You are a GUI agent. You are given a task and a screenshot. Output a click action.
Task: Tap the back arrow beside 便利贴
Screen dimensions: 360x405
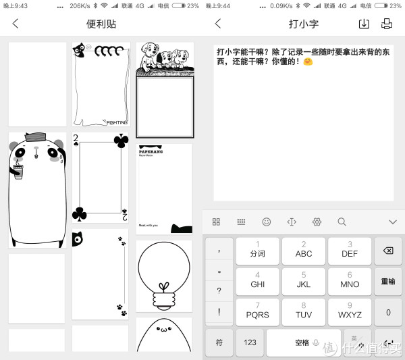(x=16, y=24)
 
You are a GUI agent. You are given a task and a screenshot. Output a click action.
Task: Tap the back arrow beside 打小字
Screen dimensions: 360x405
(x=218, y=24)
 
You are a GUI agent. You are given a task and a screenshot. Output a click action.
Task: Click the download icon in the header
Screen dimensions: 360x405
(x=363, y=24)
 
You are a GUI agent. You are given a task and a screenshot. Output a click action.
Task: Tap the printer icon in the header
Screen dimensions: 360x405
(x=387, y=24)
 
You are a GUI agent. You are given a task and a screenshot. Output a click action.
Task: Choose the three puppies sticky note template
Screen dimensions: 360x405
(x=165, y=81)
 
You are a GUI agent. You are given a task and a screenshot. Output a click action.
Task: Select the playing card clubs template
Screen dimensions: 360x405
(x=100, y=178)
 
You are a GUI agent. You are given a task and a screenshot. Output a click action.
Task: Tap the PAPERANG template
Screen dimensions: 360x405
(x=164, y=188)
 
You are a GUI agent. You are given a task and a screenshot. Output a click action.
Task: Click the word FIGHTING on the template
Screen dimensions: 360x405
(x=116, y=122)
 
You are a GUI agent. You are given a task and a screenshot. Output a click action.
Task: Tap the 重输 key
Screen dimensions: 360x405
(x=388, y=282)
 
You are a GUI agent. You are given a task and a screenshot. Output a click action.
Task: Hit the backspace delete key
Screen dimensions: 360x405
(x=388, y=251)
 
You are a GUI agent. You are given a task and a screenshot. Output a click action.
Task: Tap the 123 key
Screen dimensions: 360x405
(x=250, y=342)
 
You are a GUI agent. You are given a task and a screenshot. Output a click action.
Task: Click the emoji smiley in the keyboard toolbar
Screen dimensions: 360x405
(x=267, y=222)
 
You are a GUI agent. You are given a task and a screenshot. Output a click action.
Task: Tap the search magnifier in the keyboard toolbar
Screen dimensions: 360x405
(x=342, y=222)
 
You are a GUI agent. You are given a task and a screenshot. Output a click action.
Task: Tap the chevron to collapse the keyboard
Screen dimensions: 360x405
(x=392, y=222)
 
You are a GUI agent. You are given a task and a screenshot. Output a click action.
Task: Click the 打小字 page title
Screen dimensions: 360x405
(x=304, y=24)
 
